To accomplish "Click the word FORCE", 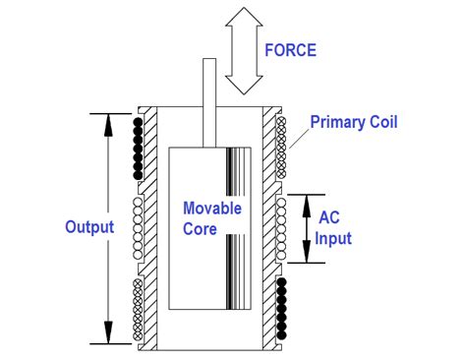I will point(291,49).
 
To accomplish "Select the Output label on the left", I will point(89,227).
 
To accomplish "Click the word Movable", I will point(212,209).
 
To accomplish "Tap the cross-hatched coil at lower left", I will point(139,309).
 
